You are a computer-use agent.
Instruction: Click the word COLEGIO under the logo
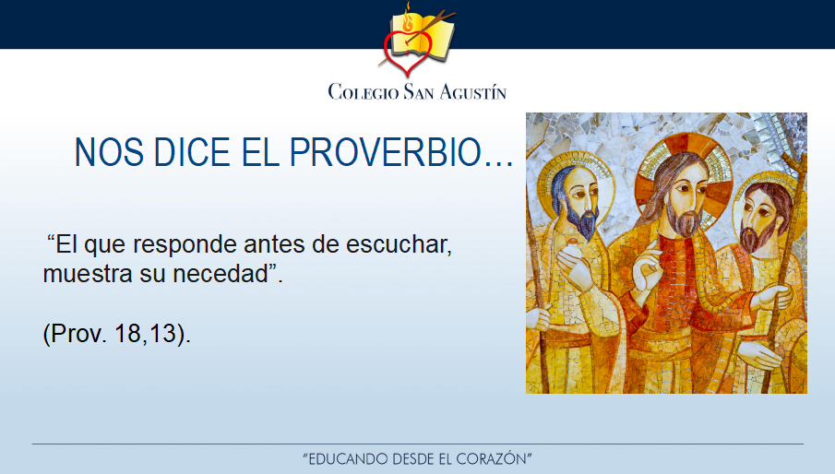tap(364, 91)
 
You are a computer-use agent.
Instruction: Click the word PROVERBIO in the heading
tap(401, 153)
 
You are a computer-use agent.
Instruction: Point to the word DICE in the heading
tap(192, 153)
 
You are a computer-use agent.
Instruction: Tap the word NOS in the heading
tap(109, 153)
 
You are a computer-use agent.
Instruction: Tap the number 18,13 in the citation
tap(145, 334)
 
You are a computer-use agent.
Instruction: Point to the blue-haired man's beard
tap(582, 220)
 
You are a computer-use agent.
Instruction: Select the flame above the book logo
tap(409, 19)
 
